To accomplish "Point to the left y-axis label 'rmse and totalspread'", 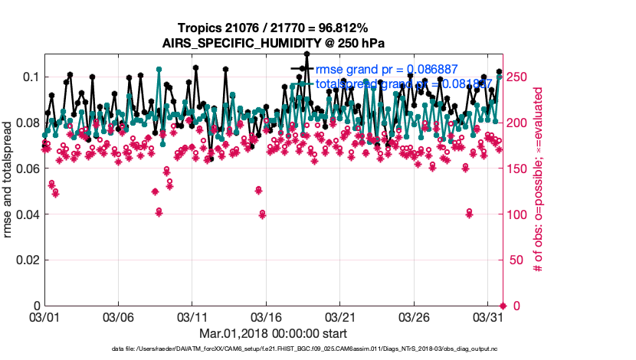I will click(x=8, y=180).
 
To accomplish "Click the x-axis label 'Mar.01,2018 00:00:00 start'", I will click(x=272, y=333).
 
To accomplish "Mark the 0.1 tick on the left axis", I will click(x=30, y=77).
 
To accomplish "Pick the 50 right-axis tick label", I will click(x=514, y=260).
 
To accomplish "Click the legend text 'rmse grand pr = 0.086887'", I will click(x=393, y=69).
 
